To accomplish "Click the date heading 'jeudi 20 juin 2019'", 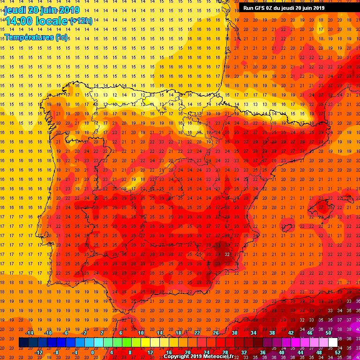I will click(42, 10).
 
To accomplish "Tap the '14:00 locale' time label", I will click(36, 21).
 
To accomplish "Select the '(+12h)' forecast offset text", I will click(81, 21).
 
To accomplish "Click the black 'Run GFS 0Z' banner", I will click(284, 7).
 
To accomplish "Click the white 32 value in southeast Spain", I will click(227, 254).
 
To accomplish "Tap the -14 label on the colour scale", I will click(29, 333).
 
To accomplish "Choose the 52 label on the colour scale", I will click(337, 352).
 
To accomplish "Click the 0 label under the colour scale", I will click(92, 352).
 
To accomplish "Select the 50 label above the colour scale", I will click(328, 333).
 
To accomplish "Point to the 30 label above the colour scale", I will click(234, 333).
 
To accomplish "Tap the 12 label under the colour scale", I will click(150, 352).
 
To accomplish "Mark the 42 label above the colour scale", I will click(291, 333).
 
